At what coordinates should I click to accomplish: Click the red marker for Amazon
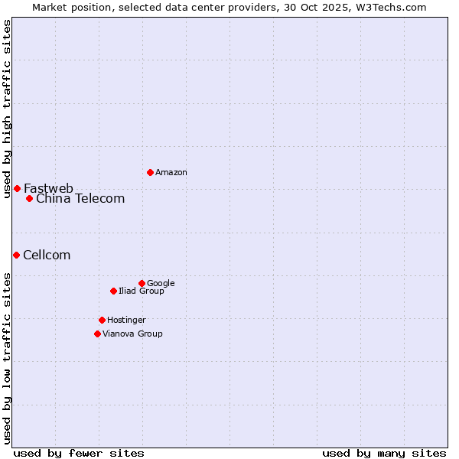150,172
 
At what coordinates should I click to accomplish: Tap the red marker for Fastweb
17,188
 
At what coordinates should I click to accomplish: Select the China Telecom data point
29,198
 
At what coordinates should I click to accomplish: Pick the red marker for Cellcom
16,255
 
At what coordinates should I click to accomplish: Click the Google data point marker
142,283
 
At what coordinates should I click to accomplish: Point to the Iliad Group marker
113,291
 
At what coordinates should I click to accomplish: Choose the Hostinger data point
102,320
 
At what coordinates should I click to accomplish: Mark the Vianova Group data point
97,334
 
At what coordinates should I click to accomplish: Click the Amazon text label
171,173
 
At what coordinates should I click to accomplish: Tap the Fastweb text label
48,188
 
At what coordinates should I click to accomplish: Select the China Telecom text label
80,199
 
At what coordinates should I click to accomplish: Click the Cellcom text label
47,256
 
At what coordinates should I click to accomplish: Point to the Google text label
161,284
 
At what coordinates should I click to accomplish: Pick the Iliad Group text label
142,291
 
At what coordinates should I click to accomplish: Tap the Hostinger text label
126,321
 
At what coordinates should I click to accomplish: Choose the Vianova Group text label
132,334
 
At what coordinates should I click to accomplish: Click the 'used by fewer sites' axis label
79,453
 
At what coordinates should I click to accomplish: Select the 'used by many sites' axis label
384,453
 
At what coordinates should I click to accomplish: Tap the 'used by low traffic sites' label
7,358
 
